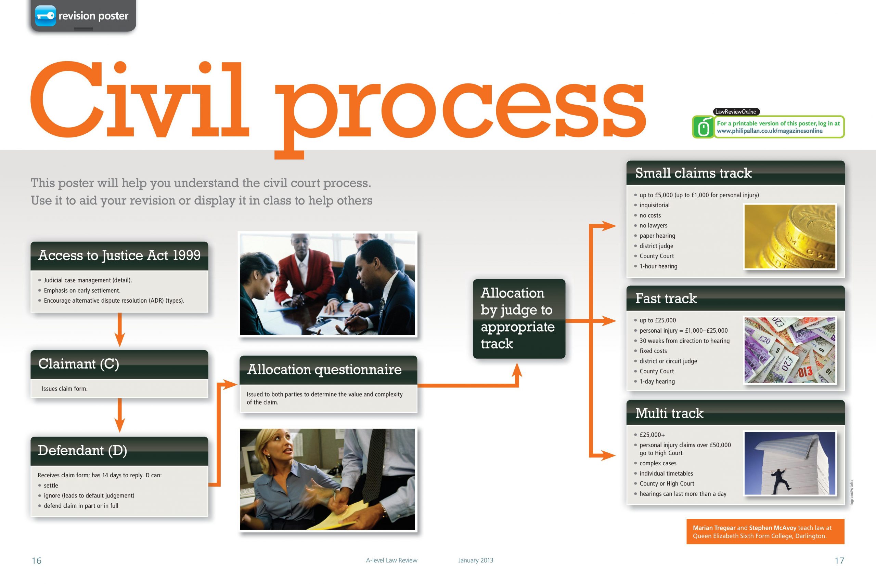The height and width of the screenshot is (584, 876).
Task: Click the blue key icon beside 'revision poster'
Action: (x=46, y=16)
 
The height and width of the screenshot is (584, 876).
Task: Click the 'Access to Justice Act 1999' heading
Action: (x=119, y=255)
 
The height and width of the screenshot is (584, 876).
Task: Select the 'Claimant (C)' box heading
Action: (x=79, y=364)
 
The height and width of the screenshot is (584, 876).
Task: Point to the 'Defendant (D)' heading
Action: (x=82, y=451)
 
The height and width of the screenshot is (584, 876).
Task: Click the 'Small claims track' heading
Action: (x=693, y=173)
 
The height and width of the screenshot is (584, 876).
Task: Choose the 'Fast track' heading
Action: (x=666, y=298)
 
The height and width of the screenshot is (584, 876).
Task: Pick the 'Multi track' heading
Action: (x=669, y=413)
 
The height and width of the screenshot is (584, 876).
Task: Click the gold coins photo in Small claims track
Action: (x=790, y=237)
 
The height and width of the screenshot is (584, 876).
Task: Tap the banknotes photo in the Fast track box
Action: (x=790, y=350)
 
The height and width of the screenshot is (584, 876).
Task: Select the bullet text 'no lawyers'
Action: (x=653, y=226)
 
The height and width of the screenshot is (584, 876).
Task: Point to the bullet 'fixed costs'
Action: (x=653, y=351)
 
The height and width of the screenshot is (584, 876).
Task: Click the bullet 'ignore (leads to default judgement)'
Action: (x=89, y=496)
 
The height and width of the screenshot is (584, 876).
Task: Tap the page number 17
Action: (x=839, y=560)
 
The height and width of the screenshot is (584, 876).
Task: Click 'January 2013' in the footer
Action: (x=476, y=560)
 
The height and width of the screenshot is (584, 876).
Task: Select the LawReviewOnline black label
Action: (x=736, y=112)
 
